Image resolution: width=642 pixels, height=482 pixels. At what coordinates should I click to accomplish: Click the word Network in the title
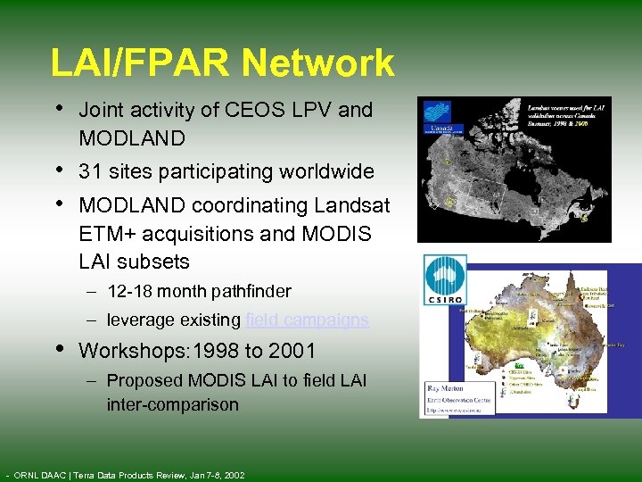(318, 63)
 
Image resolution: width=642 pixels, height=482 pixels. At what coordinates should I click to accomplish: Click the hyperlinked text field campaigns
(307, 320)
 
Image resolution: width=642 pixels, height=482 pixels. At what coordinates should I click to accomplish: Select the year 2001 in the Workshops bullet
(290, 350)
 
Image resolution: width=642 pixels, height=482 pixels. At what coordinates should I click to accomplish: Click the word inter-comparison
(173, 404)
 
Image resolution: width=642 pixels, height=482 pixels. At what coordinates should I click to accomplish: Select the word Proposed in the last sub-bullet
(140, 380)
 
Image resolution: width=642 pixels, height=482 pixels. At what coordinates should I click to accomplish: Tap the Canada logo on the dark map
(438, 120)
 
